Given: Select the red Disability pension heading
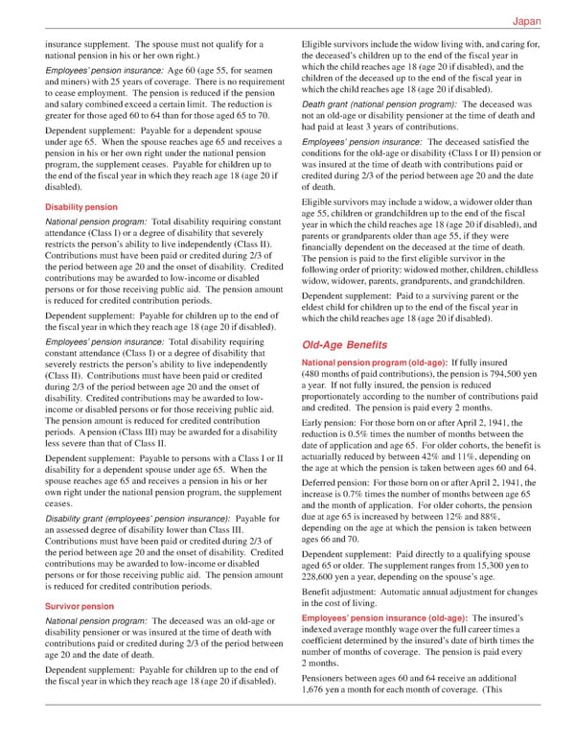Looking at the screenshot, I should coord(76,207).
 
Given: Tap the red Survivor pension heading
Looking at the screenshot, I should coord(74,606).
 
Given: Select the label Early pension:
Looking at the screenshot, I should coord(333,424).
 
